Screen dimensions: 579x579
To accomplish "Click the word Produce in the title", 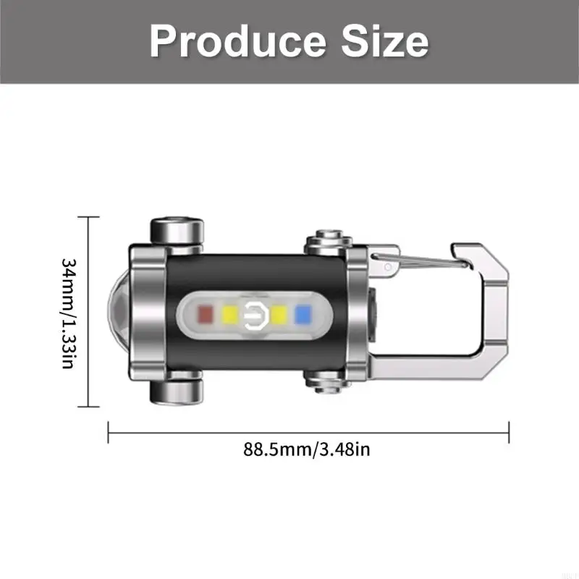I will click(x=235, y=41).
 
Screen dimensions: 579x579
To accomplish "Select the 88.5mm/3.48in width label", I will click(x=308, y=449).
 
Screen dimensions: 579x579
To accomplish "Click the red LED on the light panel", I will click(x=205, y=314).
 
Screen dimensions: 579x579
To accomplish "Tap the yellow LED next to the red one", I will click(x=230, y=314).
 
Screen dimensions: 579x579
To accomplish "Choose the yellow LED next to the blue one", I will click(x=279, y=314).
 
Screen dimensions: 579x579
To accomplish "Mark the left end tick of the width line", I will click(x=109, y=433).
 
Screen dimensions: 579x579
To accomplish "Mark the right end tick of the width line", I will click(x=510, y=433).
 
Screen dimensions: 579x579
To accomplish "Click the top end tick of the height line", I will click(x=88, y=216).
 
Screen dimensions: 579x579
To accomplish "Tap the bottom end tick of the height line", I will click(x=88, y=407).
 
